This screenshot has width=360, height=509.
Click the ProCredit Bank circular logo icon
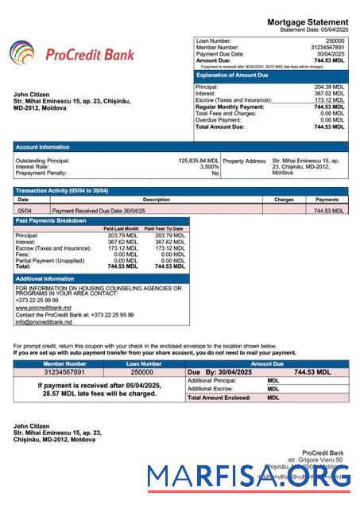[x=22, y=54]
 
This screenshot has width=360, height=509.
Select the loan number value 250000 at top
[x=335, y=40]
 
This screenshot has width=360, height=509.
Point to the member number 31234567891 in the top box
[x=327, y=47]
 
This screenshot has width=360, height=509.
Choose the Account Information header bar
[x=44, y=146]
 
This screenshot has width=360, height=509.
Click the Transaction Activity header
[x=62, y=191]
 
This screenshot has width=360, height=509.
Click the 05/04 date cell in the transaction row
[x=25, y=211]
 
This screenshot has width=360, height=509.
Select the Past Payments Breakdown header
[x=49, y=220]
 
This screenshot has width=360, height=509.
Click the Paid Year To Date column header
[x=166, y=228]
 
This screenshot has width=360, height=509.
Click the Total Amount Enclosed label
[x=217, y=397]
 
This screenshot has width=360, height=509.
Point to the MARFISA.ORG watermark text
[x=249, y=478]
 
